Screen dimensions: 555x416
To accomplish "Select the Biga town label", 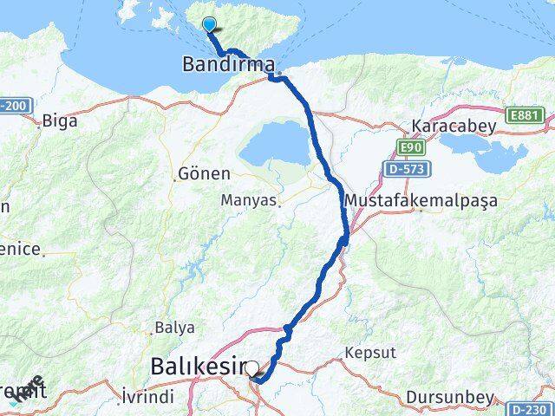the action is [x=59, y=120].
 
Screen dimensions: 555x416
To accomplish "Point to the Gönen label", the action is [x=204, y=172].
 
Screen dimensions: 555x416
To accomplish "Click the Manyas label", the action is [x=250, y=201].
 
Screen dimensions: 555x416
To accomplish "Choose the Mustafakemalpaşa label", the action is [x=421, y=200].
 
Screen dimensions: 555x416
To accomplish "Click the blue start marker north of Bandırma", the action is [x=209, y=25].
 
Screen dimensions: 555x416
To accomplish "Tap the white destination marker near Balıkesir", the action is [x=251, y=368].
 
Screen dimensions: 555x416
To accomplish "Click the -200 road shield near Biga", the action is [x=14, y=106].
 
